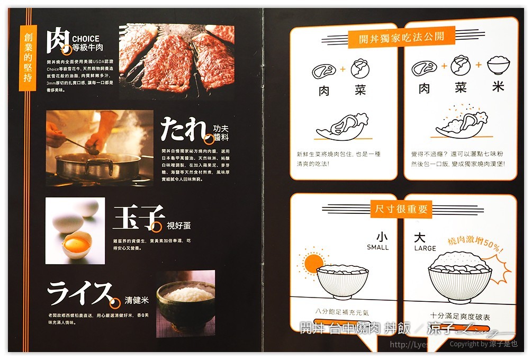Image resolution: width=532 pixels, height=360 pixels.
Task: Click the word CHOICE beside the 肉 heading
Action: click(x=86, y=39)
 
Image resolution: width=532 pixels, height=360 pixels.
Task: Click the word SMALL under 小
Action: click(x=377, y=247)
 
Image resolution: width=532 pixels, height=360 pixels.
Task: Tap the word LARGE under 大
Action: click(x=425, y=248)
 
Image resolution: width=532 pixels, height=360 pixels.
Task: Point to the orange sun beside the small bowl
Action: click(x=313, y=263)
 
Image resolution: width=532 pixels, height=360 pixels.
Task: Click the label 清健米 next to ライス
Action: click(x=137, y=300)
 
